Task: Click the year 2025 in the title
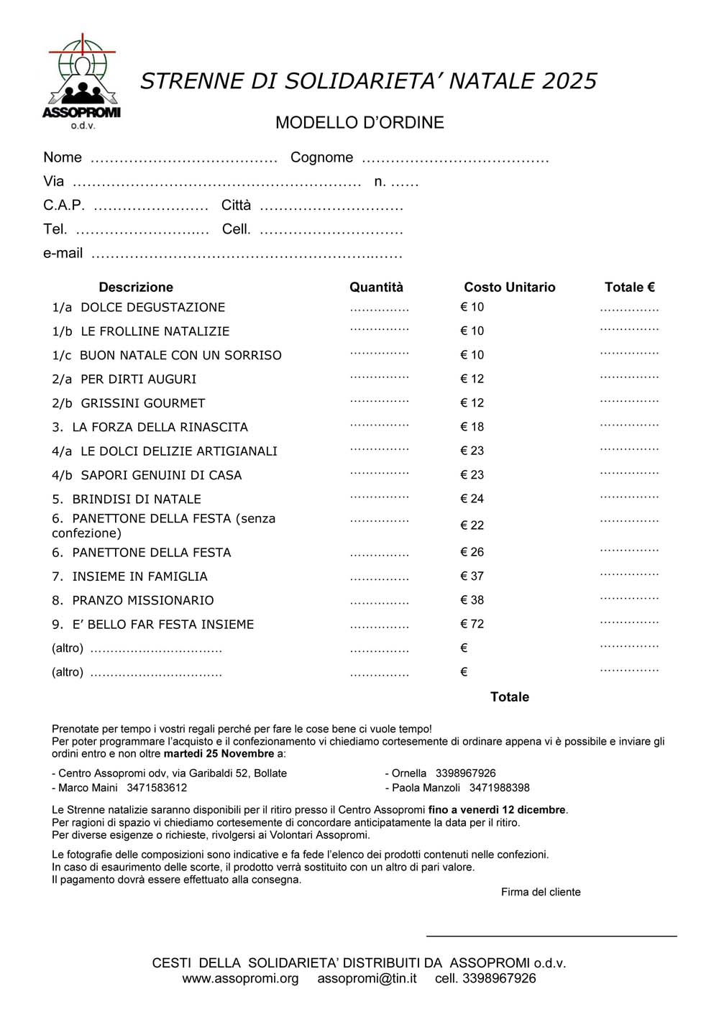(569, 81)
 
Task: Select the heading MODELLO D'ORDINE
(359, 123)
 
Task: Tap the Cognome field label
(321, 157)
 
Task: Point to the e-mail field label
(63, 253)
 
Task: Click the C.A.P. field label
(63, 206)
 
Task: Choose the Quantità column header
(376, 287)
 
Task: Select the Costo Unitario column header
(509, 287)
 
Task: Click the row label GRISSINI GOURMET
(142, 403)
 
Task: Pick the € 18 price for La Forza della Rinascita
(472, 427)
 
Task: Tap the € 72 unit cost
(472, 624)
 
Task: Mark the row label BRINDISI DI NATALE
(137, 499)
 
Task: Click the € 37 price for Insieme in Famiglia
(472, 576)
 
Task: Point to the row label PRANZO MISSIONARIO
(143, 600)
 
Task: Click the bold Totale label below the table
(509, 697)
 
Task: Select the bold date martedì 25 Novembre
(219, 754)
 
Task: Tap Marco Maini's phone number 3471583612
(157, 788)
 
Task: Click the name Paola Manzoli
(426, 788)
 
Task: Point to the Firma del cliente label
(541, 892)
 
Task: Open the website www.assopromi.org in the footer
(240, 978)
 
